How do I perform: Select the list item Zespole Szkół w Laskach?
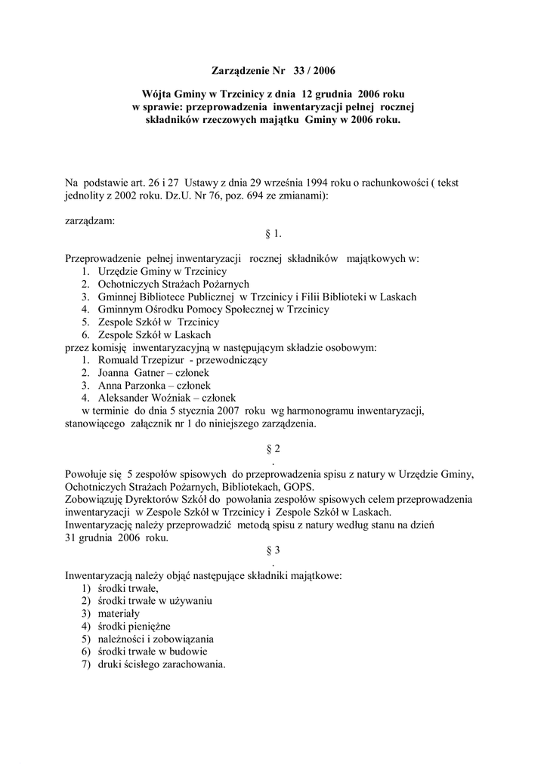click(154, 334)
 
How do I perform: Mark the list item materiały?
click(119, 614)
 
